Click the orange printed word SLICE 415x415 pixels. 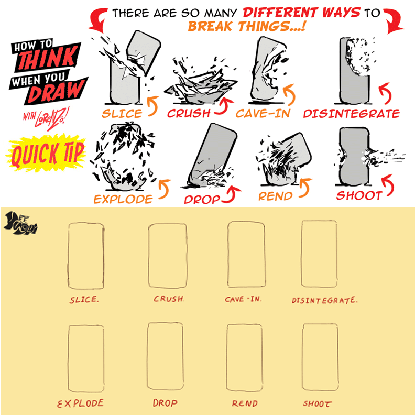point(122,114)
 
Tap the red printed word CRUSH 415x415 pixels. point(189,113)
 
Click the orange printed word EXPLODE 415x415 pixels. point(123,199)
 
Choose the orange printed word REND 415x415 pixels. point(275,196)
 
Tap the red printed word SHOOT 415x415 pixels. point(359,196)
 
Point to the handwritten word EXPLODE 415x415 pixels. point(80,403)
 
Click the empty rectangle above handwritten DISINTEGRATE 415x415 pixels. point(319,254)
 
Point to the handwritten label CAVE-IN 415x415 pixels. point(243,299)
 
